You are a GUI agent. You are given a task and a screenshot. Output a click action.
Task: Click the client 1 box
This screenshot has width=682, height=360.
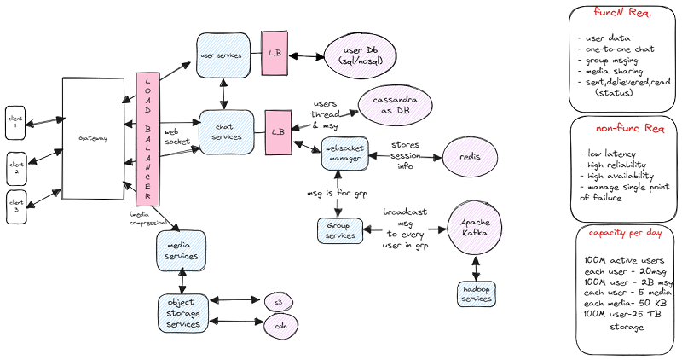(17, 120)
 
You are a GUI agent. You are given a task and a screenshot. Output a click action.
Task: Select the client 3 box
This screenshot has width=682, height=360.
(17, 206)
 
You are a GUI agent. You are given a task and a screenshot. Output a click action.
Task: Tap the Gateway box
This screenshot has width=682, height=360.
(93, 138)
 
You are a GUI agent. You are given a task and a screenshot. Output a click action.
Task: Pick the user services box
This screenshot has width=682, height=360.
(223, 55)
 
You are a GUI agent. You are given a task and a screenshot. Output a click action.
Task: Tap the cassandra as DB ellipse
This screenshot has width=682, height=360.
(396, 105)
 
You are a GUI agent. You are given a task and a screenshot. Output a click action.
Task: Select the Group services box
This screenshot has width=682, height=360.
(340, 229)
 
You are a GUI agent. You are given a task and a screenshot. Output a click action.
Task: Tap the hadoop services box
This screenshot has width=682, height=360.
(476, 294)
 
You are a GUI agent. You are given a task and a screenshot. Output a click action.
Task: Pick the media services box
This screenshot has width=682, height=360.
(181, 250)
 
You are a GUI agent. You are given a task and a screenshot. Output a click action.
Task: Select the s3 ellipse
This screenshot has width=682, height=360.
(277, 301)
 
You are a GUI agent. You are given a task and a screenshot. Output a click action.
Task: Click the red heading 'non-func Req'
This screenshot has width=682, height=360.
(624, 130)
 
